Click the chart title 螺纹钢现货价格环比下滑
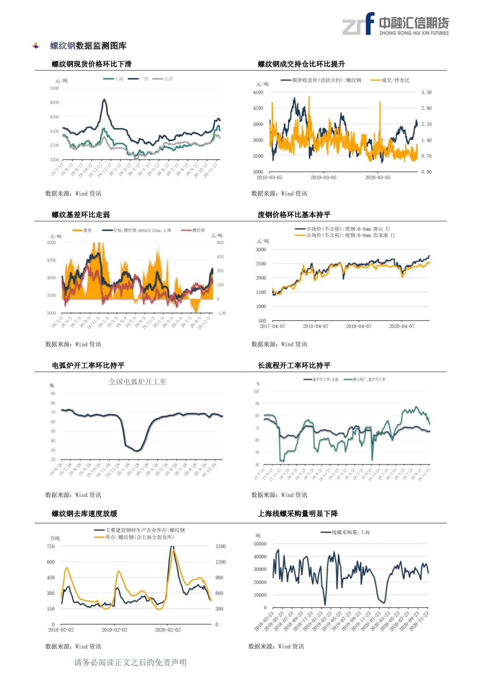click(x=92, y=64)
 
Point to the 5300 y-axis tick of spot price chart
click(x=54, y=88)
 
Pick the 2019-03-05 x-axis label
click(x=324, y=177)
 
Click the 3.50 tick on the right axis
click(x=426, y=92)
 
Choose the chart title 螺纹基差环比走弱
click(x=81, y=215)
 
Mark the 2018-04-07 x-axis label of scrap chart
click(x=315, y=326)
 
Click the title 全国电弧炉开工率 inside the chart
click(x=137, y=382)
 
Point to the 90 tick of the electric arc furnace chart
click(x=53, y=394)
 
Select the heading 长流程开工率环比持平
click(x=294, y=365)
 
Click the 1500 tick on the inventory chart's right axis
click(x=220, y=546)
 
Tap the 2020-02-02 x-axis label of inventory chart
click(x=168, y=630)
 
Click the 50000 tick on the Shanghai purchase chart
click(x=260, y=544)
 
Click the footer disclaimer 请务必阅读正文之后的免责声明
click(x=130, y=662)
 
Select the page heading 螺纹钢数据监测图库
click(x=88, y=46)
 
